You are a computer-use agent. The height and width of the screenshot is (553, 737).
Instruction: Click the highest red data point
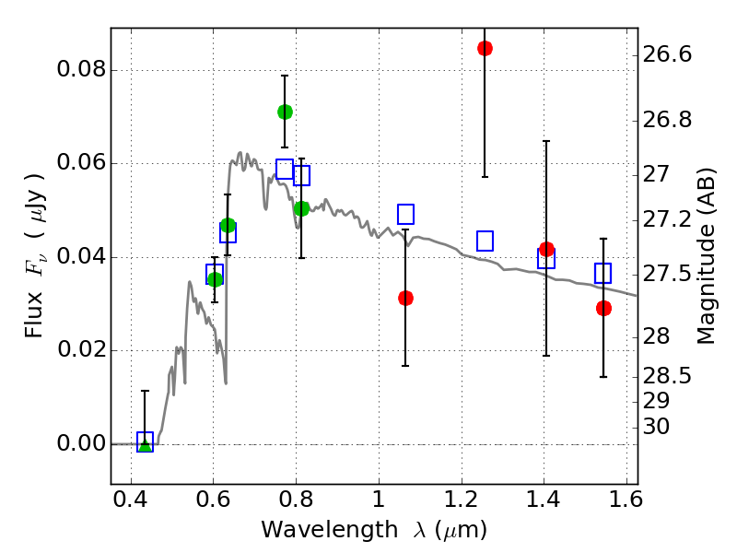[x=485, y=48]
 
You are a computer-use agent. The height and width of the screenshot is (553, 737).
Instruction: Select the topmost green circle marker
[x=285, y=112]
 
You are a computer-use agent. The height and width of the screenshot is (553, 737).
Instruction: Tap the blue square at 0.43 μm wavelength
[x=145, y=441]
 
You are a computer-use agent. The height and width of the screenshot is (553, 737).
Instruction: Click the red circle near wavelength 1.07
[x=405, y=298]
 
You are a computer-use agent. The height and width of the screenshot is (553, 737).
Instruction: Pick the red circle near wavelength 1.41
[x=546, y=249]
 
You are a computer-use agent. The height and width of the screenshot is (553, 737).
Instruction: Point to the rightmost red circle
[x=603, y=308]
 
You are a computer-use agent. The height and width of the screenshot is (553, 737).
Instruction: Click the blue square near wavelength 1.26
[x=485, y=241]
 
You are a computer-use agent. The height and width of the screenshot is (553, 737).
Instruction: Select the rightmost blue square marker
[x=603, y=273]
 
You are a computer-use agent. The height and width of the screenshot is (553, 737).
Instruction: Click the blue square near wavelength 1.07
[x=405, y=214]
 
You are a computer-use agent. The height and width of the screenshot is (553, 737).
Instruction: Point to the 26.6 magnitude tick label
[x=667, y=55]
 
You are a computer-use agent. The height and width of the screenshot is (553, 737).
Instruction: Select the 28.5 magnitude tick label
[x=667, y=376]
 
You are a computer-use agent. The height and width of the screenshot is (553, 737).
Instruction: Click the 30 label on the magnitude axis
[x=656, y=427]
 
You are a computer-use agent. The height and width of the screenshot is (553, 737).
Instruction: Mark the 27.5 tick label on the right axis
[x=667, y=275]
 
